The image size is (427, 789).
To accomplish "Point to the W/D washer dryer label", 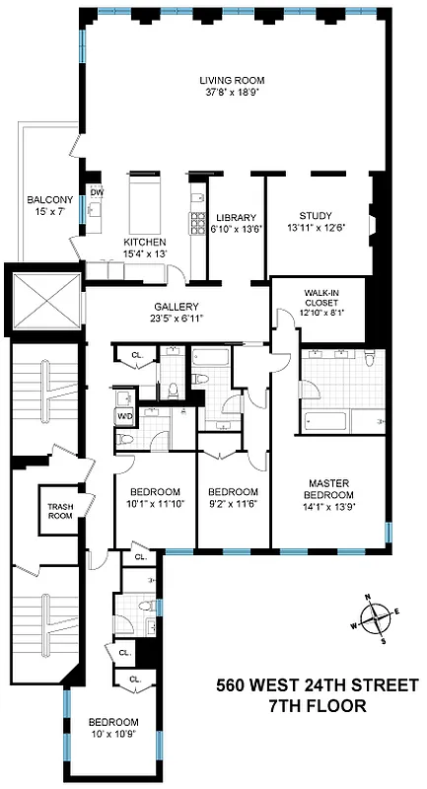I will click(x=125, y=417).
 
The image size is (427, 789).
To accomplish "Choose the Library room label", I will click(x=236, y=218).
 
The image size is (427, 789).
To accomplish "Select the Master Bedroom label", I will click(x=331, y=489).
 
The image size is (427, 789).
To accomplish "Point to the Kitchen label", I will click(x=145, y=243).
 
